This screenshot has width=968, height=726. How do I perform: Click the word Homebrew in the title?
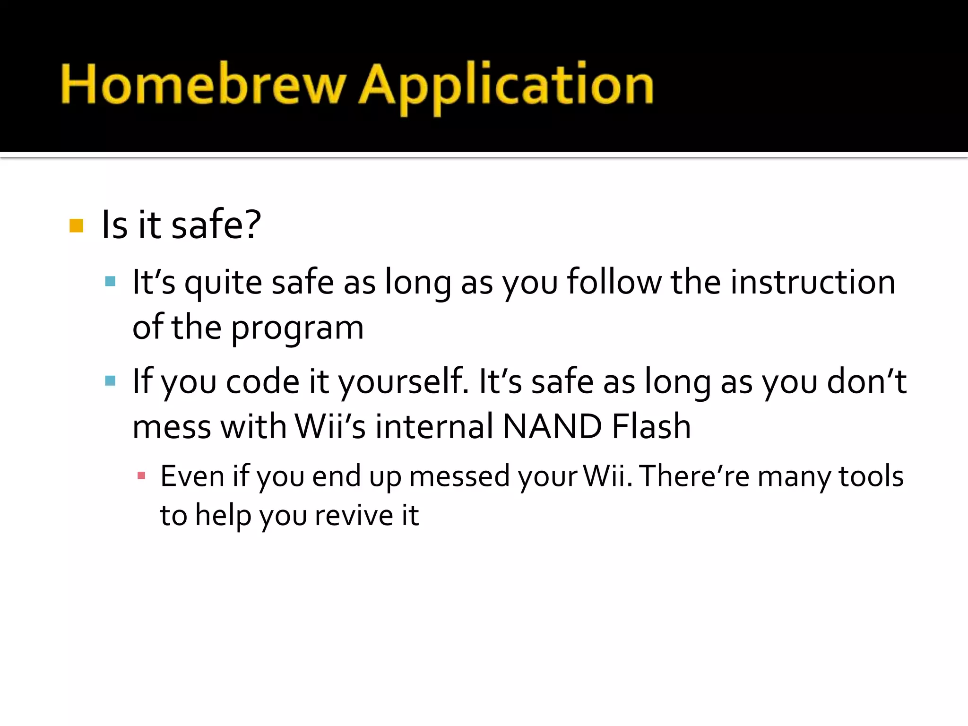point(203,85)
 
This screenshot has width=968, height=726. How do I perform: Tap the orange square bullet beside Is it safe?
point(76,225)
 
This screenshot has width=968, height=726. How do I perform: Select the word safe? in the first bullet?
point(216,225)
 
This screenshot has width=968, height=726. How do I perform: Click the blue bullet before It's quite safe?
point(110,282)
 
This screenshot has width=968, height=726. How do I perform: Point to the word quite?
point(223,283)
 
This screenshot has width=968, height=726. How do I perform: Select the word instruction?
point(812,282)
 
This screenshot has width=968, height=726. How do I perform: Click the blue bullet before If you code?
point(110,381)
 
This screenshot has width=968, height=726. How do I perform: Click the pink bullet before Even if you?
point(141,475)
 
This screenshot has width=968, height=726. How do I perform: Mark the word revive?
point(354,515)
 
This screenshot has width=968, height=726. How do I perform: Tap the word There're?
point(695,476)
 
